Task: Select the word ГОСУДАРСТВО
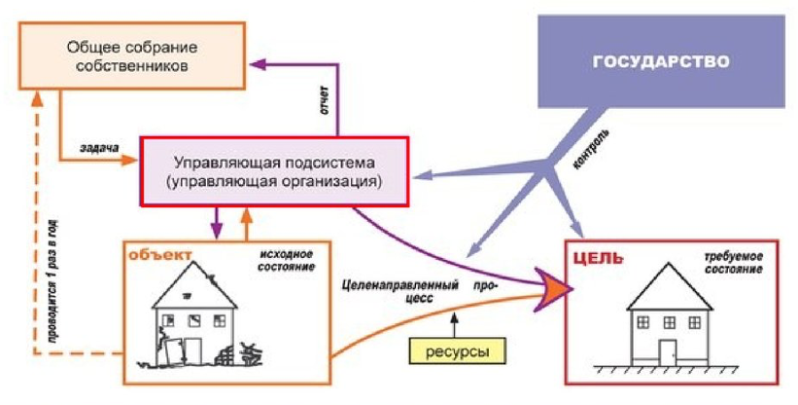[661, 61]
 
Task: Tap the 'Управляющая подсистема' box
[276, 170]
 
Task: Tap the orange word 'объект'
[160, 254]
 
